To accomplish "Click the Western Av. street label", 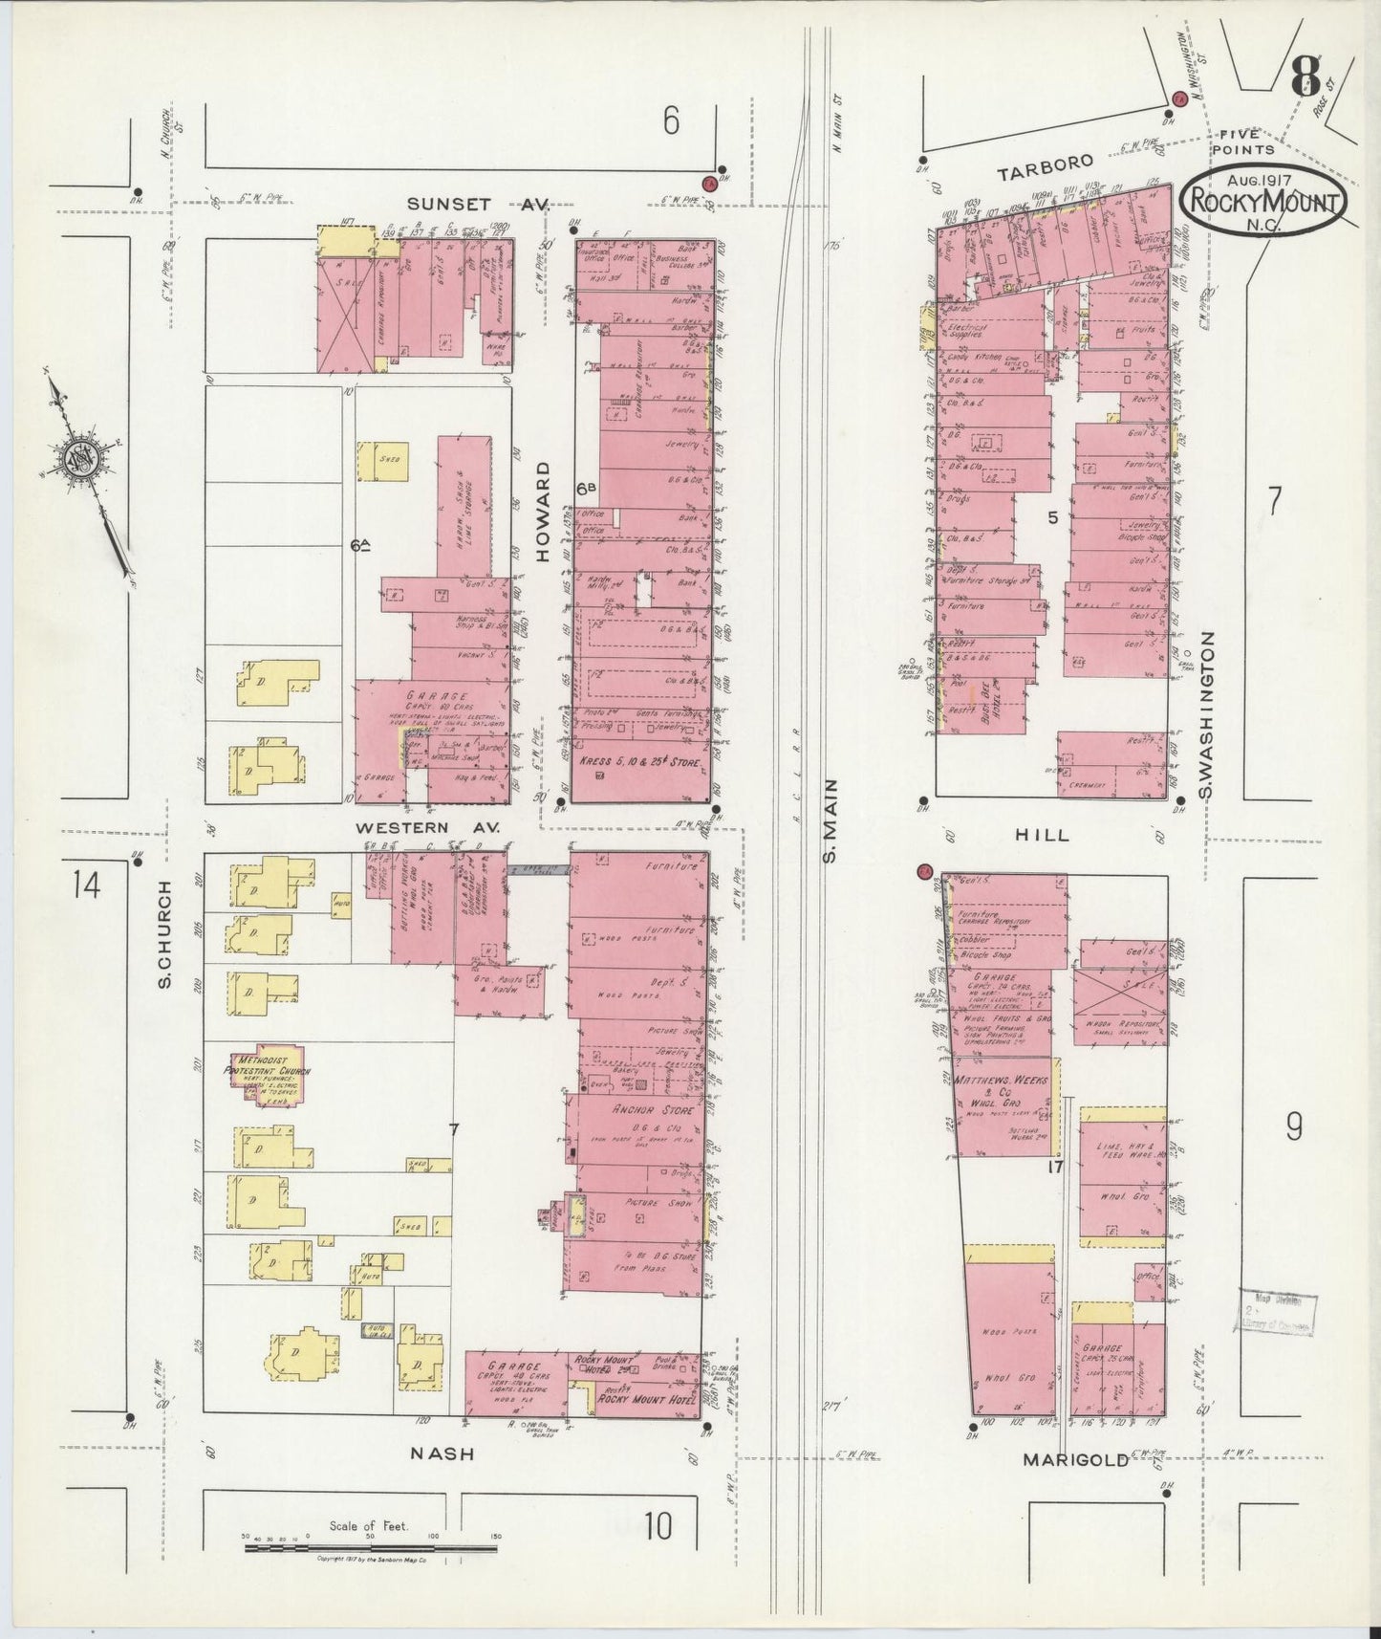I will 427,825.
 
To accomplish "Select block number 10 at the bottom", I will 658,1526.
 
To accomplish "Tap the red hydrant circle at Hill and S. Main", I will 924,871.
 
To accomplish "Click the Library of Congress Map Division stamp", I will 1278,1312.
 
